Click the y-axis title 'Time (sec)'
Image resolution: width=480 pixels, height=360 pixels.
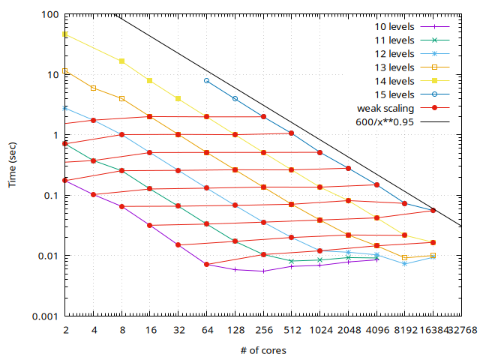[13, 166]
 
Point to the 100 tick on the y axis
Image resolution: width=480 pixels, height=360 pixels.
[49, 14]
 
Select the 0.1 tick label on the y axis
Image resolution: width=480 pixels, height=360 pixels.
[49, 195]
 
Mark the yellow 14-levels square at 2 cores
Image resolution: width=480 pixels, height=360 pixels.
[65, 34]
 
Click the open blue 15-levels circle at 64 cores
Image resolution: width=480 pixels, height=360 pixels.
[206, 80]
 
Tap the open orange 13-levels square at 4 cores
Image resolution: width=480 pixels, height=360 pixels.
[93, 88]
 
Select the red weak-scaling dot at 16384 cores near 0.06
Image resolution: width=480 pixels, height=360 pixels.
[433, 211]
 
